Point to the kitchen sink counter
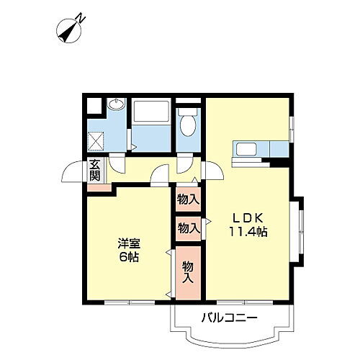[251, 150]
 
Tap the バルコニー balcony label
[229, 317]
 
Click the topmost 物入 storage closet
[189, 198]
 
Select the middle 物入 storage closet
[189, 228]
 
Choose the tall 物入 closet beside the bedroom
[188, 271]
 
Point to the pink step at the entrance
[99, 188]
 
